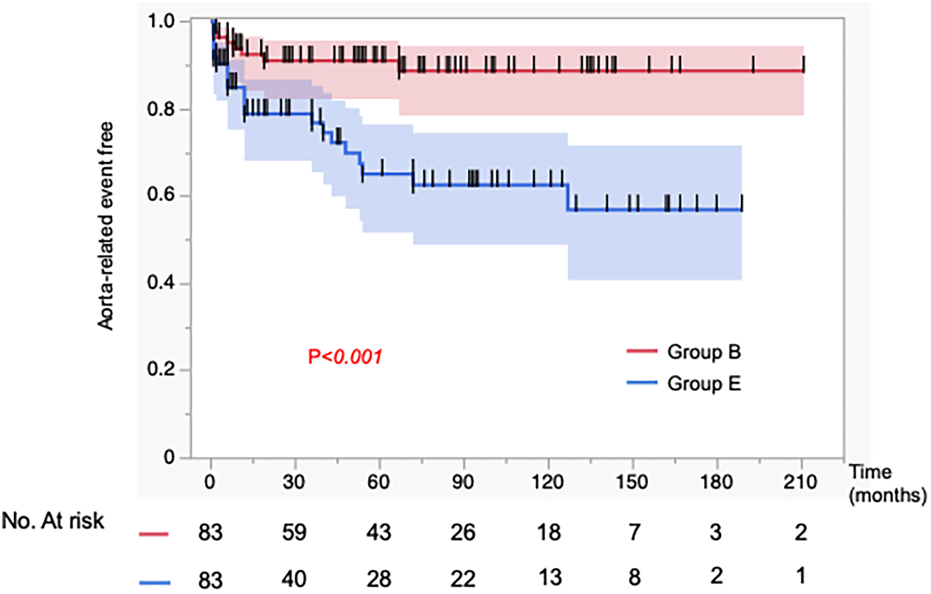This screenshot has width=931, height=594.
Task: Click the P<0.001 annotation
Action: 345,357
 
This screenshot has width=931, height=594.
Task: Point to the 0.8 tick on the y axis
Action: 160,110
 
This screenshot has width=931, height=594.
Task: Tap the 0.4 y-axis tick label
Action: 160,283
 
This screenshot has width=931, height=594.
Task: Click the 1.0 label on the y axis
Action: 160,22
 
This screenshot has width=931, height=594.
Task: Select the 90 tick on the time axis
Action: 462,482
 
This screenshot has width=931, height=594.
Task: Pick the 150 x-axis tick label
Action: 631,482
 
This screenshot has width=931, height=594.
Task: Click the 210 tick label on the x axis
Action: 800,482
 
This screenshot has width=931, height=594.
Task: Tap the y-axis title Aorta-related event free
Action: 105,226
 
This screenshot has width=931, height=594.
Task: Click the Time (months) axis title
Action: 887,484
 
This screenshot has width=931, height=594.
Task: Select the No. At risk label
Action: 53,521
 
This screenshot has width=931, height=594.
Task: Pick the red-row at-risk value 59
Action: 294,532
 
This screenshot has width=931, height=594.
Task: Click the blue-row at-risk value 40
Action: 294,579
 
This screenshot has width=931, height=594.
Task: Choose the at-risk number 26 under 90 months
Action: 462,532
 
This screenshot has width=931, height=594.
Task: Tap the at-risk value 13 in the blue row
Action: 549,577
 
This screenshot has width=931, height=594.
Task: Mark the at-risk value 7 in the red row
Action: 634,532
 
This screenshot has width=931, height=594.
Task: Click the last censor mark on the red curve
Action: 803,64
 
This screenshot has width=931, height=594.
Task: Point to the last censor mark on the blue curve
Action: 741,203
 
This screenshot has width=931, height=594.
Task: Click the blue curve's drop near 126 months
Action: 567,198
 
